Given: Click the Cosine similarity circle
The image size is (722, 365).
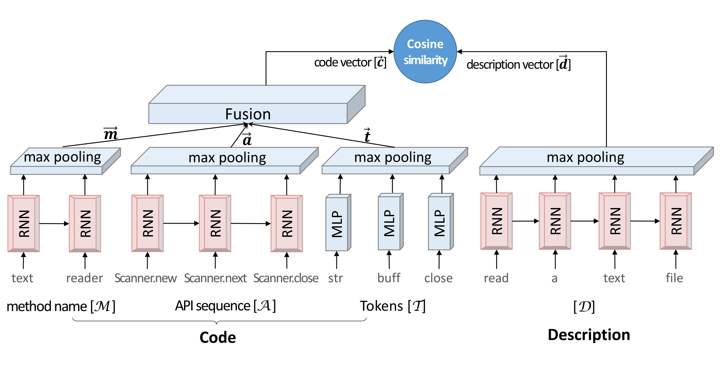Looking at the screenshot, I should point(425,52).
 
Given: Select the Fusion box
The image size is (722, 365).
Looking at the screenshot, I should point(248,113).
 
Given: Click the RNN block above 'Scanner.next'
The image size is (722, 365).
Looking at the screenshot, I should point(215,224).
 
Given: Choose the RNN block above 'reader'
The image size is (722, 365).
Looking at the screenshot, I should point(85,224).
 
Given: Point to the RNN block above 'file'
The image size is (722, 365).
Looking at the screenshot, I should point(676,221).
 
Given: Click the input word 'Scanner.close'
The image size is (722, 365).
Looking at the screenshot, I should point(286,278).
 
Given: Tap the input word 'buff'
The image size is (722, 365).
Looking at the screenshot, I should point(389,278).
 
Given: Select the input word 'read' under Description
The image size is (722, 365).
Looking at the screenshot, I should point(496,278).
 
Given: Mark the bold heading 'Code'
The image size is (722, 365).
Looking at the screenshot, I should point(218,338).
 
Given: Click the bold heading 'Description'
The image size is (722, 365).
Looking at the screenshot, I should point(589,335).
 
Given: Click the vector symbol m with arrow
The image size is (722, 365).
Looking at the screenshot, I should point(110,134).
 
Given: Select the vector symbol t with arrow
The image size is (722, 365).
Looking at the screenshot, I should point(367,135).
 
